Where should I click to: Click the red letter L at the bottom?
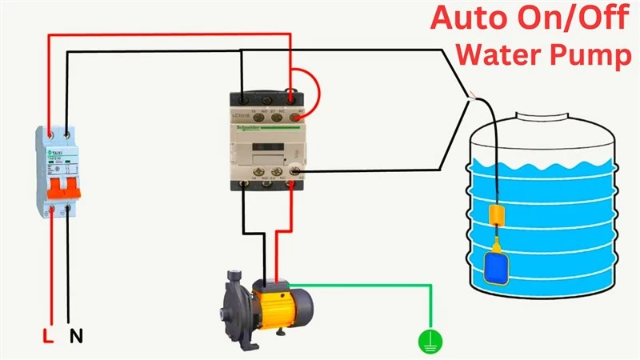pos(48,337)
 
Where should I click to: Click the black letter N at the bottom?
pos(76,337)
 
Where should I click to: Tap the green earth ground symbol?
pos(430,342)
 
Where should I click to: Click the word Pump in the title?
pos(588,56)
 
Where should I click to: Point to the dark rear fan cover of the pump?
pos(306,302)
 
